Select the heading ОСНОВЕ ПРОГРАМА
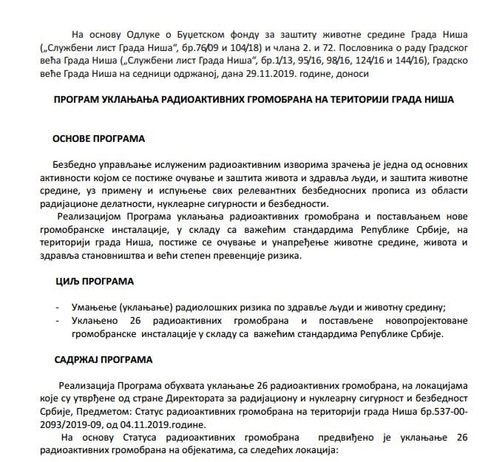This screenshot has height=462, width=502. click(98, 138)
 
